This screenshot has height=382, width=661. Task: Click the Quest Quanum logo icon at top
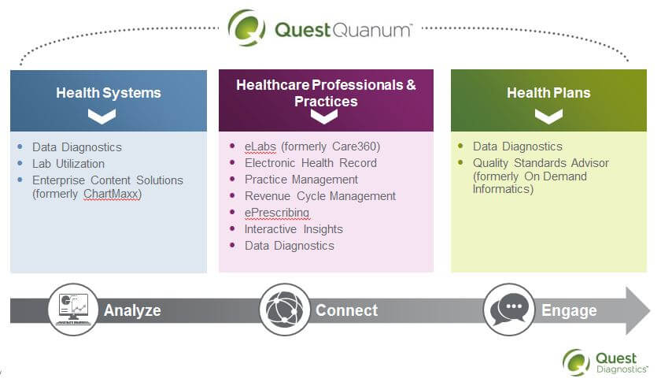pos(246,28)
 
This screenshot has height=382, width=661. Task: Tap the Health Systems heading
pos(109,93)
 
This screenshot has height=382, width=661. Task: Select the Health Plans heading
pos(548,93)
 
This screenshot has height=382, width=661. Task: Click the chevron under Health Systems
pos(102,117)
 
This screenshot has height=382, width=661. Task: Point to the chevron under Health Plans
pos(548,117)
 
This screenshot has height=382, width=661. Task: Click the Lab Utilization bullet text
pos(68,164)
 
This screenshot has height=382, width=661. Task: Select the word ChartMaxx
pos(111,194)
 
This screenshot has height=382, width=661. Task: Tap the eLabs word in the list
pos(260,146)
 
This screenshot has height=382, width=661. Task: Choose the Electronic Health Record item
pos(311,163)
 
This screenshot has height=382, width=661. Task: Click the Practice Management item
pos(301,180)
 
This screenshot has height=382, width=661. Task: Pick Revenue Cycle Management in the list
pos(320,196)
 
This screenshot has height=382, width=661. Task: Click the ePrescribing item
pos(277,213)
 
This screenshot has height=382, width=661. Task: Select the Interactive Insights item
pos(294,229)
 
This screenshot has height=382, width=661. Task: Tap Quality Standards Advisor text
pos(541,163)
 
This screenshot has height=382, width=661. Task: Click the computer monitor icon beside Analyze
pos(73,310)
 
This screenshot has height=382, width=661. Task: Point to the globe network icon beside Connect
pos(285,310)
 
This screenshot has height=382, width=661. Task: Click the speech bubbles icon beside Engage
pos(509,310)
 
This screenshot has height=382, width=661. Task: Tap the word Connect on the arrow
pos(346,310)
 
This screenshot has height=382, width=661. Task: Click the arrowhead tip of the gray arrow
pos(650,311)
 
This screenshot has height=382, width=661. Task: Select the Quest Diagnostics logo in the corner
pos(605,362)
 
